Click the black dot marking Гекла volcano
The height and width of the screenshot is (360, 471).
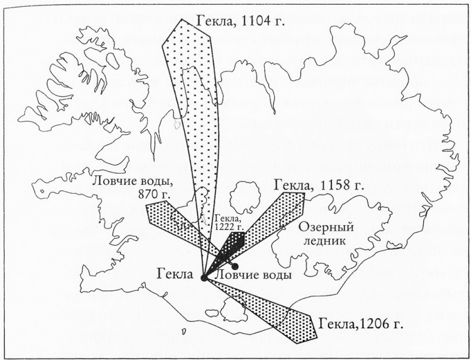point(204,277)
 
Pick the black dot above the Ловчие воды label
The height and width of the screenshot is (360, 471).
point(235,266)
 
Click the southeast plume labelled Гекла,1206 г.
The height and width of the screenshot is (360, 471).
point(274,310)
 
